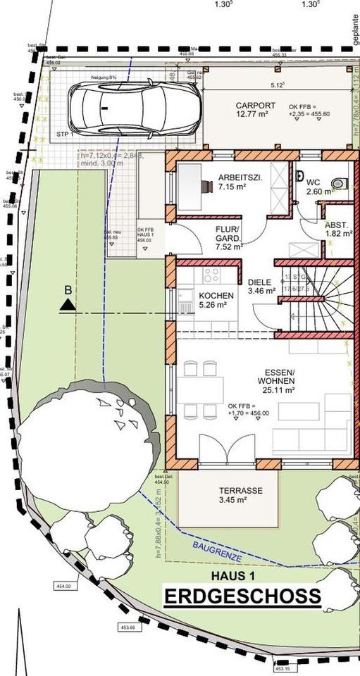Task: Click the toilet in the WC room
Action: [x=337, y=183]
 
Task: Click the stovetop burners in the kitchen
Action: [x=211, y=275]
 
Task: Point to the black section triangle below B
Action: [x=68, y=304]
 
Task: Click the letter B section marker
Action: [x=68, y=289]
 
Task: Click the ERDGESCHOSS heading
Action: [x=242, y=597]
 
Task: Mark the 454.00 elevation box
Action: [x=63, y=586]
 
